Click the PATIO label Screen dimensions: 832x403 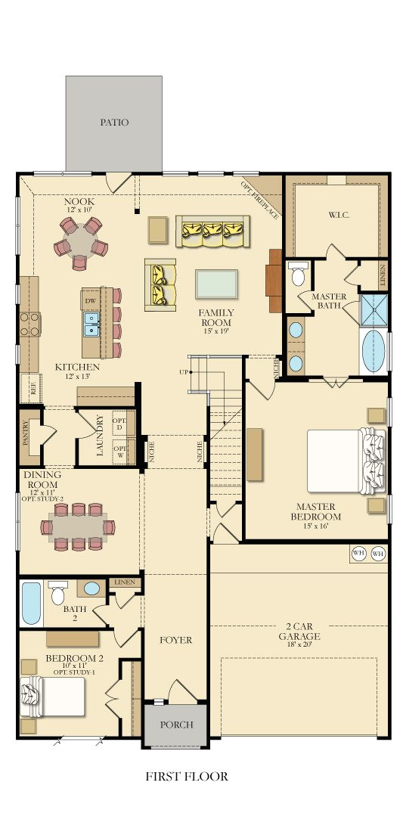114,122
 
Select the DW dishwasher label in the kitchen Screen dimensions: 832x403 91,301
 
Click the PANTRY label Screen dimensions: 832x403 25,435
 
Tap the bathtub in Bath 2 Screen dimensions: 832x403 30,603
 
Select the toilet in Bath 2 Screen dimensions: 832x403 57,593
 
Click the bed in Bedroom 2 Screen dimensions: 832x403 57,696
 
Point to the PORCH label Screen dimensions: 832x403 175,725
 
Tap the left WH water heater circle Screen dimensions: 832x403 359,554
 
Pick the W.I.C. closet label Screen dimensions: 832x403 337,215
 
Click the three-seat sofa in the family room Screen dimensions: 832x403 212,231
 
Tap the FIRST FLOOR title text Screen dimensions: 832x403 187,776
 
